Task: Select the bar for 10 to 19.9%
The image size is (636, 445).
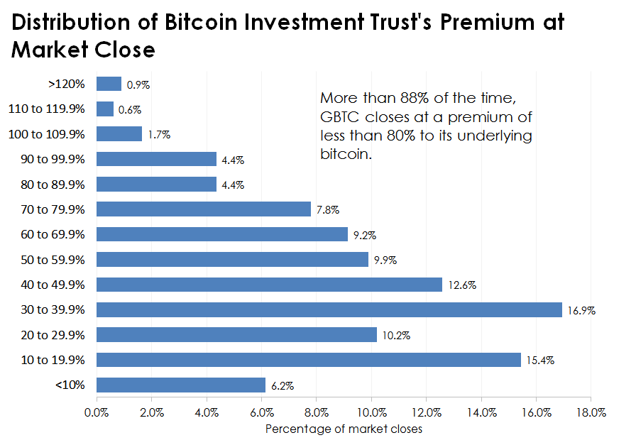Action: coord(308,360)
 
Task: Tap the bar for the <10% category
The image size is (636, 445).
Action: coord(181,385)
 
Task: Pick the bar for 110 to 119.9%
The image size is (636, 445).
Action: coord(105,109)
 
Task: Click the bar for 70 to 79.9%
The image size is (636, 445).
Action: coord(204,209)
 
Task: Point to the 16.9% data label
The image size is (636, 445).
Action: coord(581,311)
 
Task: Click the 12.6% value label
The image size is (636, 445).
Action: coord(462,285)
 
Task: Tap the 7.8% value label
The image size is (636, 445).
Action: coord(327,210)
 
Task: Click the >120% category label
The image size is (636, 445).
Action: coord(67,84)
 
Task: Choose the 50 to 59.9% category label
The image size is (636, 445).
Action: coord(50,259)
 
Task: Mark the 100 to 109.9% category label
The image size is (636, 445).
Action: coord(46,133)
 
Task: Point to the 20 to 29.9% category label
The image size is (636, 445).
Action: coord(50,334)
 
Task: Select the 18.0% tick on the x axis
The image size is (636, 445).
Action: coord(591,412)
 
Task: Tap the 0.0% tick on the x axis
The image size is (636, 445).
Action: coord(97,412)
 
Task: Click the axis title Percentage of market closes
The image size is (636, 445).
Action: coord(344,429)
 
